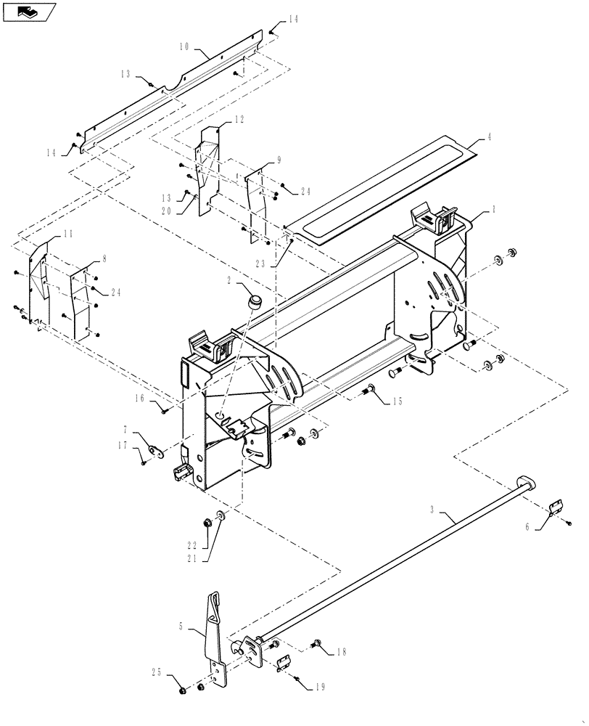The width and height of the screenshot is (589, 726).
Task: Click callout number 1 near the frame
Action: click(493, 208)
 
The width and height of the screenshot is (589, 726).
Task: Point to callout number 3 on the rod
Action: click(432, 511)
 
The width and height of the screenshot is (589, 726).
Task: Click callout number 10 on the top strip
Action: click(185, 46)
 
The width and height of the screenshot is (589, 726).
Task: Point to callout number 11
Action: click(67, 234)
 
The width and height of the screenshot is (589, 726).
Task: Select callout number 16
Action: click(138, 399)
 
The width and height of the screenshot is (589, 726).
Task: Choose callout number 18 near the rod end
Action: click(342, 652)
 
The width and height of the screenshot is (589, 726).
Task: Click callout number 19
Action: click(320, 686)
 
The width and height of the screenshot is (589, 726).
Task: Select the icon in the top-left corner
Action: click(29, 11)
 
